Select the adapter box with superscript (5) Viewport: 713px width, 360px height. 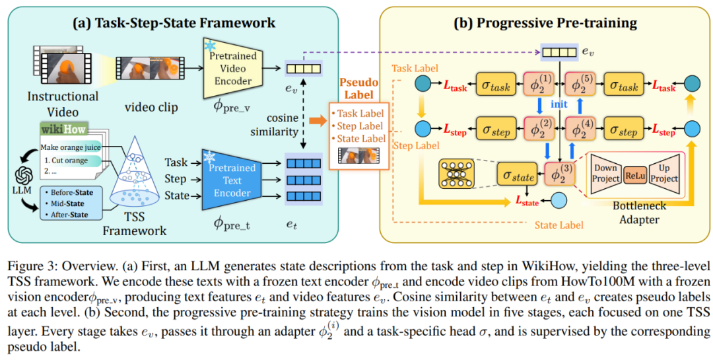[x=582, y=85]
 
